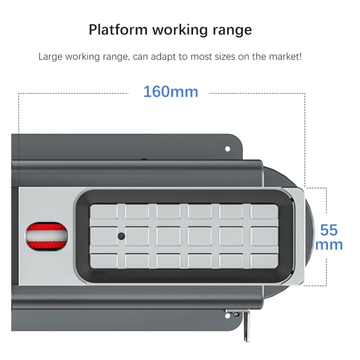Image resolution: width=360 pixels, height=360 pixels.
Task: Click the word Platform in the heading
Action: [x=118, y=30]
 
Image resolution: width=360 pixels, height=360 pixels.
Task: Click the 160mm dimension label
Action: [x=171, y=92]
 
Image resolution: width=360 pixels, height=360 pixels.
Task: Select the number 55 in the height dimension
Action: [x=329, y=230]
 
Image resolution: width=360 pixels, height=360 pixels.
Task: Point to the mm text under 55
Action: [x=329, y=245]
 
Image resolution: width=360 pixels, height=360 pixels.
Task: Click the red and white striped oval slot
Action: [x=47, y=236]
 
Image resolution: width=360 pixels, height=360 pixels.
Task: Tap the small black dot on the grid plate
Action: [x=121, y=236]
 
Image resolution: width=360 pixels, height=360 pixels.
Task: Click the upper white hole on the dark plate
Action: [x=228, y=149]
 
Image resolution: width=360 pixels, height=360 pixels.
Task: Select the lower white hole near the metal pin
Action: [x=227, y=316]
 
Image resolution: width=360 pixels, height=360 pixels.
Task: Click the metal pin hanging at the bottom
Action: [x=246, y=326]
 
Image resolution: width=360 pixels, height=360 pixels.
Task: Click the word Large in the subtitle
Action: [x=50, y=57]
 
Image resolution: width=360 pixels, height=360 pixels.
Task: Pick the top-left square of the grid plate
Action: [x=103, y=211]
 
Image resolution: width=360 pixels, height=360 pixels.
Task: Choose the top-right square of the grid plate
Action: [x=264, y=211]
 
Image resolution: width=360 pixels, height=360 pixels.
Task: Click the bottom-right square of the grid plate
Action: [x=264, y=261]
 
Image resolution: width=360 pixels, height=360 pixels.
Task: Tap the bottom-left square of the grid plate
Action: [x=103, y=261]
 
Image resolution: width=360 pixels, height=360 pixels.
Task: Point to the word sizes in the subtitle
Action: [x=225, y=57]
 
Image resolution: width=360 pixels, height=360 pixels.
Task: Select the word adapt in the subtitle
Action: [x=163, y=57]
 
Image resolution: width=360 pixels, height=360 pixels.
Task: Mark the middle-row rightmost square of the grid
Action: [x=264, y=236]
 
